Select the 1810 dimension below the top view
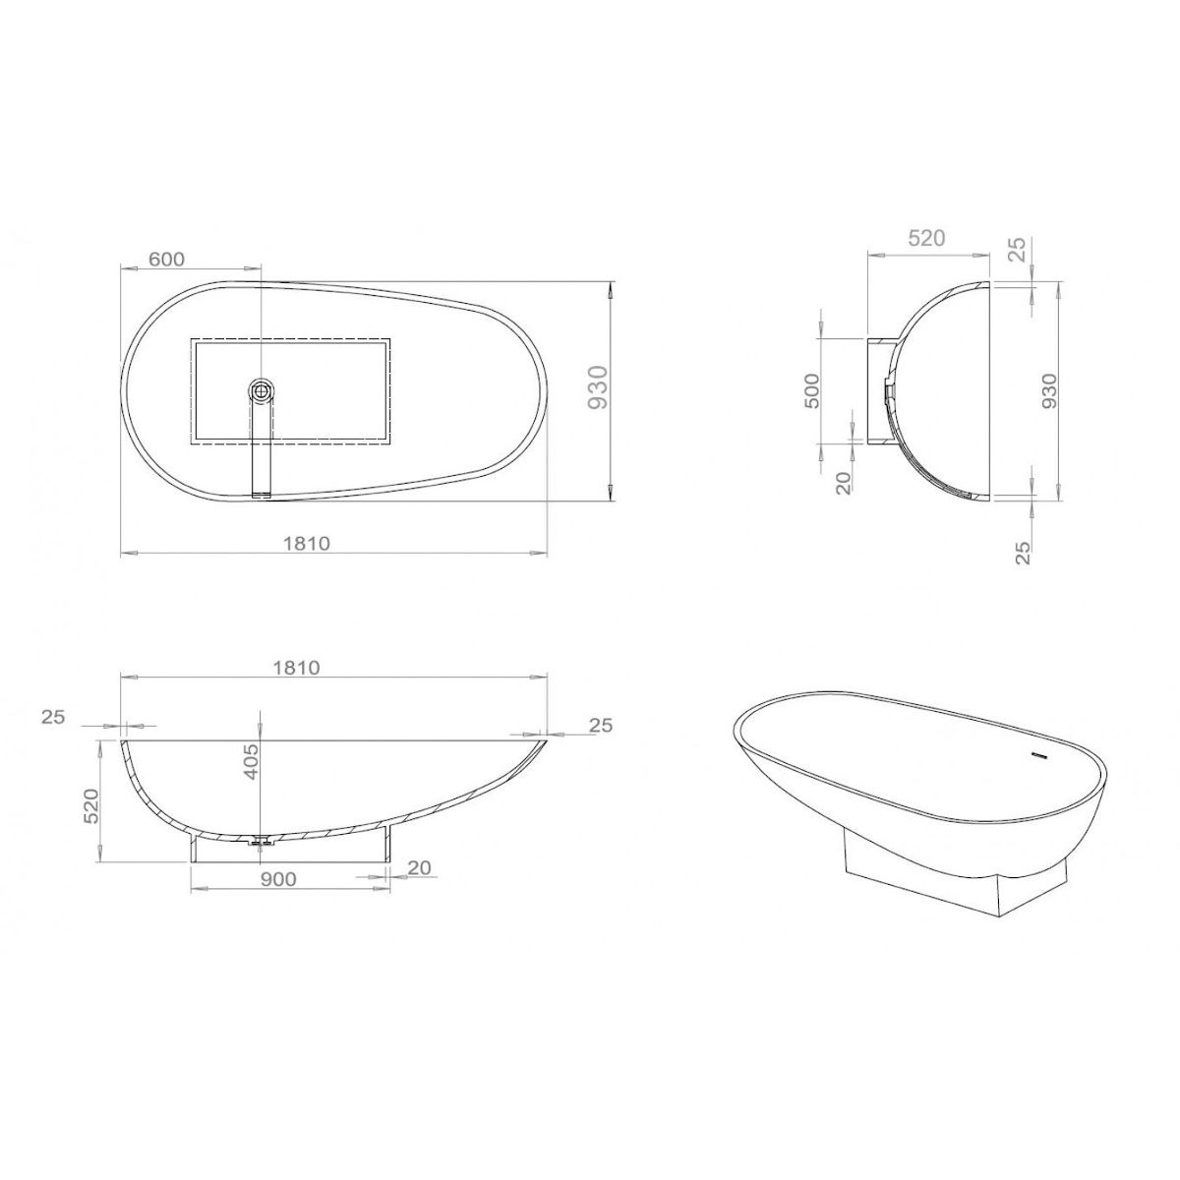(x=308, y=543)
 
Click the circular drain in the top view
(x=262, y=390)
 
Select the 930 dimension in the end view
(x=1048, y=391)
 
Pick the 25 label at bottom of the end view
(x=1023, y=553)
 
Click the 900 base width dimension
(x=278, y=879)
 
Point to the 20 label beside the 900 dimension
(x=419, y=867)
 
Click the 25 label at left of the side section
(x=53, y=717)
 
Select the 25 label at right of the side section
(x=600, y=725)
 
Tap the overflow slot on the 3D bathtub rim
(x=1039, y=757)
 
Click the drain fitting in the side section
(x=261, y=840)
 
